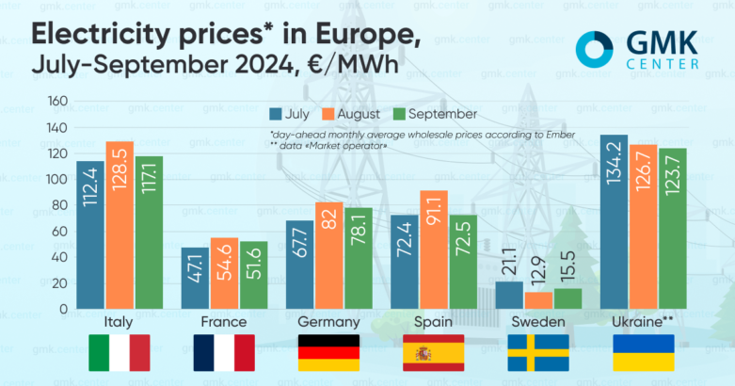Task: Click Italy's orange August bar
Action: pos(120,226)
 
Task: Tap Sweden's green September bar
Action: pos(568,298)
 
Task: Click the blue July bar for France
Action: pos(194,279)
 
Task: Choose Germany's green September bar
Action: pos(359,259)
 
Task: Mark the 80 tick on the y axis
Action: pos(58,205)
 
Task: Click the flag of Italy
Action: pos(120,353)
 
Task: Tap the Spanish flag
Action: pos(434,353)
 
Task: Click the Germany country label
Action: pos(329,322)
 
